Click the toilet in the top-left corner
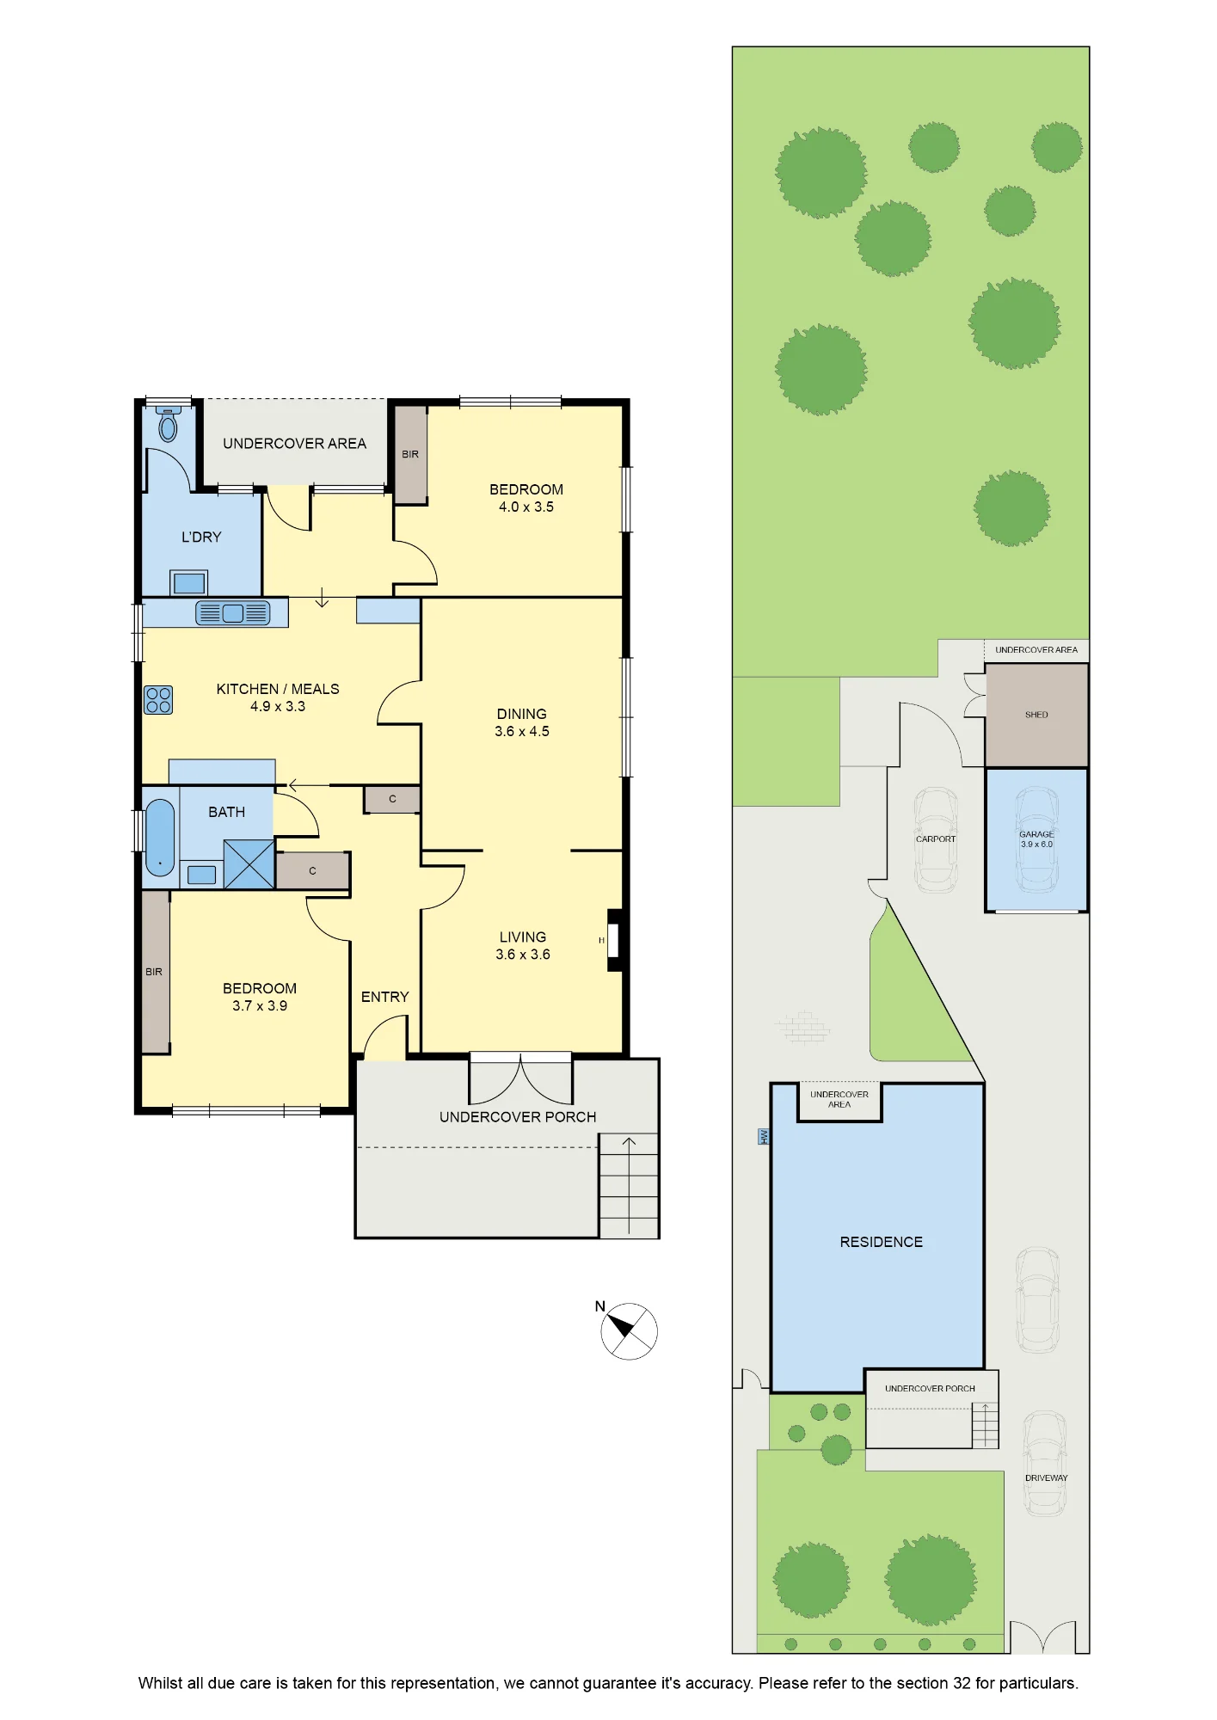click(x=169, y=424)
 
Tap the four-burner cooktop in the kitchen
click(x=158, y=700)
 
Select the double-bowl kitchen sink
click(x=233, y=612)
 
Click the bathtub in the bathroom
click(x=160, y=837)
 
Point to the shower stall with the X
click(x=249, y=864)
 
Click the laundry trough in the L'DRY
click(x=189, y=583)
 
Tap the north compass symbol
click(x=629, y=1330)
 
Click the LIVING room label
click(x=523, y=937)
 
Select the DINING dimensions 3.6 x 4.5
click(x=522, y=732)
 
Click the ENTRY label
click(x=385, y=997)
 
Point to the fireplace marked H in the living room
click(x=614, y=940)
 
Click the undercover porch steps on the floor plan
click(x=629, y=1186)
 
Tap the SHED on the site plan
click(x=1036, y=715)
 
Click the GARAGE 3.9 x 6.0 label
click(x=1036, y=839)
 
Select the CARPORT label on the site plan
click(x=936, y=839)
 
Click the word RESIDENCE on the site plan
click(x=882, y=1242)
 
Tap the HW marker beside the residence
click(x=763, y=1137)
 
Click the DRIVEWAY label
click(x=1047, y=1478)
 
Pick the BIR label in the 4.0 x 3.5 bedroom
click(x=410, y=454)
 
